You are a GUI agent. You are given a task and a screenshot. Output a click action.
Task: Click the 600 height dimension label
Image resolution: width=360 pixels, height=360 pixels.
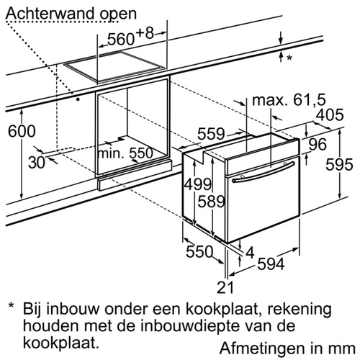coord(22,131)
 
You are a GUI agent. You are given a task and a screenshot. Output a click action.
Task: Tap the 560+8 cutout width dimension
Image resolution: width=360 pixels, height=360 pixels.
coord(130,37)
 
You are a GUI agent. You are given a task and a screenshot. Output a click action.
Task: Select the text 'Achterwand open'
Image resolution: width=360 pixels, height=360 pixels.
coord(71,14)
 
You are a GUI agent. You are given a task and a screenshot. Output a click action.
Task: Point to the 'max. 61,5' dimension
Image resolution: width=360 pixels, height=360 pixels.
coord(289,100)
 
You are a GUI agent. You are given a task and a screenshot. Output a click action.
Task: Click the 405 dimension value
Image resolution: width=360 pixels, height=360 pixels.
coord(330,114)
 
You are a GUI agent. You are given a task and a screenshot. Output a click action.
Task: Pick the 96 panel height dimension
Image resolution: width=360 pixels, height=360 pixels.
coord(318,144)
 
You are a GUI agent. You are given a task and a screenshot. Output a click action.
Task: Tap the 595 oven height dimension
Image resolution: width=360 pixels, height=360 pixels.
coord(339,165)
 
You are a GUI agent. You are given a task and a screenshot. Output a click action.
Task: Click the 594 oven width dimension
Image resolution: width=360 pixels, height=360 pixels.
coord(271,264)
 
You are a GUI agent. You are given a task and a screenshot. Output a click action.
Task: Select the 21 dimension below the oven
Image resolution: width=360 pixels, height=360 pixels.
coord(225,287)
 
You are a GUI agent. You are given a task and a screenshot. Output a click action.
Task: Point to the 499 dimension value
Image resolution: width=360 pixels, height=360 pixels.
coord(198,184)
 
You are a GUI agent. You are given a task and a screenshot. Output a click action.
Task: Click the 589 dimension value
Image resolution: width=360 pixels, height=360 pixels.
coord(211,201)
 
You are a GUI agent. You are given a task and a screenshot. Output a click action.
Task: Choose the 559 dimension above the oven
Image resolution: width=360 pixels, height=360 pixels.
coord(211,134)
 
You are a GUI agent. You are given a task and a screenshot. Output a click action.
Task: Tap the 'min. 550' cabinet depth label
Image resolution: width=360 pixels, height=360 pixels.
coord(125,153)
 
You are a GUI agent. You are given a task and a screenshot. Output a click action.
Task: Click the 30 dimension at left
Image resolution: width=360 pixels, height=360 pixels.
coord(37,163)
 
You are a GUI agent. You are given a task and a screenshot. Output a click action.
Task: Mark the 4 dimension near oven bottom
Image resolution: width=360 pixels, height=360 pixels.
coord(250,253)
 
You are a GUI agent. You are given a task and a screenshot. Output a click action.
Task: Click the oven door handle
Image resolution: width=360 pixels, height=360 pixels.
coord(264,172)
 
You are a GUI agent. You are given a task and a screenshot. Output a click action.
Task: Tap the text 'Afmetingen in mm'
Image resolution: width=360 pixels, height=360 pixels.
coord(287,348)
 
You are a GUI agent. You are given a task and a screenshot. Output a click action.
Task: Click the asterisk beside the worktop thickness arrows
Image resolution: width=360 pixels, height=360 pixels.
coord(289,58)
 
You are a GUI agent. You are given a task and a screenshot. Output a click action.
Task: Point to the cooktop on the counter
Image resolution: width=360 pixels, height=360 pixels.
coord(114,68)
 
